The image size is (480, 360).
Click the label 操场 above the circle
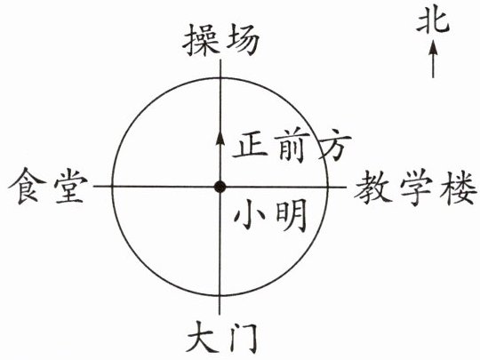(x=221, y=40)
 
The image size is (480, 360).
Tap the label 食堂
(x=48, y=186)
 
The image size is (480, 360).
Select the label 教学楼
(x=416, y=188)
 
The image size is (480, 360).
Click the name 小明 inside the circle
(x=270, y=215)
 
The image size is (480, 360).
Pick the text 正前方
(x=292, y=146)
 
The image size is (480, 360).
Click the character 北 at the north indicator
(x=433, y=20)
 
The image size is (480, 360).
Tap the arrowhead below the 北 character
(x=433, y=47)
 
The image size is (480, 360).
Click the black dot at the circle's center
(x=220, y=187)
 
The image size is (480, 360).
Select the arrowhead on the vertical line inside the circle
(x=220, y=137)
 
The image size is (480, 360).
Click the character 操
(x=201, y=40)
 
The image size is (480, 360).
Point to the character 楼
(x=459, y=188)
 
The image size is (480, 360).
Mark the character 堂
(x=70, y=186)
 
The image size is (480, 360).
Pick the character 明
(x=292, y=215)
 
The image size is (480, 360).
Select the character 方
(x=334, y=146)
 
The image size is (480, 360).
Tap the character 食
(x=27, y=186)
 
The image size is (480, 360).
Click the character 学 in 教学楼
(x=416, y=188)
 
